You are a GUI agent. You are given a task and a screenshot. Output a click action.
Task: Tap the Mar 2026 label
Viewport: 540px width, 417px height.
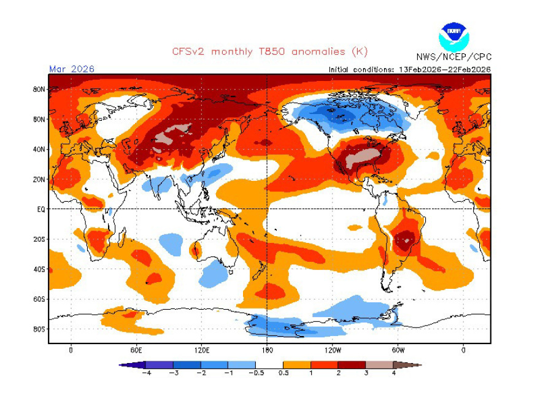click(x=72, y=69)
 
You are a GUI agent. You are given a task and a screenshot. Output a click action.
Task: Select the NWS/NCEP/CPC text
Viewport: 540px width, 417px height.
click(x=453, y=57)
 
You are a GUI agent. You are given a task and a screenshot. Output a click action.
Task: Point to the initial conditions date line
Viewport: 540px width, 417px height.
click(x=410, y=69)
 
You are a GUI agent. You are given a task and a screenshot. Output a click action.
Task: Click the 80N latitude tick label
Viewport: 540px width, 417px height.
click(x=39, y=90)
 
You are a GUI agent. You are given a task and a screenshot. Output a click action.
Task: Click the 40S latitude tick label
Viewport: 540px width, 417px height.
click(x=39, y=269)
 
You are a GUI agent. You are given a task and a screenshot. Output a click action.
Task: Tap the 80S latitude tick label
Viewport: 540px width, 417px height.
click(x=39, y=329)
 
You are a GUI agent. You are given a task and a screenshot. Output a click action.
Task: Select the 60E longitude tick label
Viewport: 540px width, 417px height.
click(x=136, y=350)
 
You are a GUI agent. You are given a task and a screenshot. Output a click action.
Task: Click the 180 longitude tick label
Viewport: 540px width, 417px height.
click(x=267, y=350)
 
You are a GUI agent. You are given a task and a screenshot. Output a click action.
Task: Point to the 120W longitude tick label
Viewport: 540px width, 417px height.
click(x=333, y=350)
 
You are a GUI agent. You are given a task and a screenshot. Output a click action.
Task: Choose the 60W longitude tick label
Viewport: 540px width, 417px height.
click(x=398, y=350)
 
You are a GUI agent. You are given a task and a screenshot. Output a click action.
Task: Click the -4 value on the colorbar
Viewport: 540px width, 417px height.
click(x=146, y=373)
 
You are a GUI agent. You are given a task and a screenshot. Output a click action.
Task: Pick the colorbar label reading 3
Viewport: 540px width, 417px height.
click(x=366, y=373)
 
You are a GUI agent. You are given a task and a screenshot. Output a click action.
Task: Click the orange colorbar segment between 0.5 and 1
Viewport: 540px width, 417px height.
click(x=297, y=365)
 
